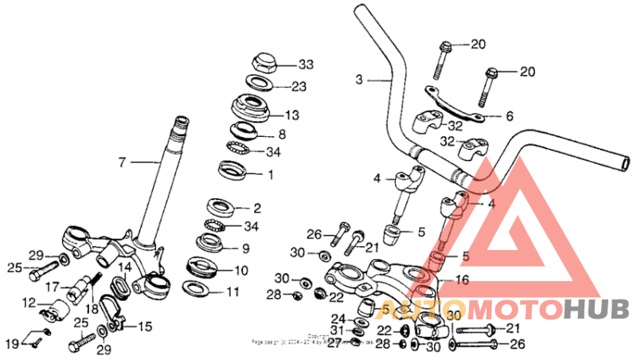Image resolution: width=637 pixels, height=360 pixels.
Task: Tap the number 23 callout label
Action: point(299,87)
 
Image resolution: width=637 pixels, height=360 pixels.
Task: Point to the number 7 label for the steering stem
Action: point(122,162)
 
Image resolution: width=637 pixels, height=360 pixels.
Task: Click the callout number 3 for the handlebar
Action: point(359,80)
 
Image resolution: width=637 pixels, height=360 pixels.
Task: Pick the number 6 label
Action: point(510,116)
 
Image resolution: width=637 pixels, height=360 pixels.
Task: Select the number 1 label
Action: point(270,174)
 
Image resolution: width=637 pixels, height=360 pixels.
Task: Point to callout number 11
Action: point(232,292)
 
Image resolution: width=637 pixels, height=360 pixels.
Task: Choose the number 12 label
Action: point(29,302)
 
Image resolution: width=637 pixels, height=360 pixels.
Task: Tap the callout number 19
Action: point(12,342)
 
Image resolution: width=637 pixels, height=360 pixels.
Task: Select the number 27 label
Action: point(334,343)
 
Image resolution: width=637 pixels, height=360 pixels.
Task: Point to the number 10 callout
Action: point(240,271)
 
